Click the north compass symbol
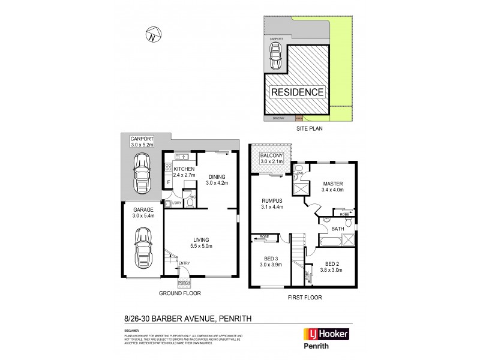(x=152, y=34)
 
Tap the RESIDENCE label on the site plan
(x=298, y=92)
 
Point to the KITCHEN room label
(x=185, y=170)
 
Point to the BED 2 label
(x=332, y=264)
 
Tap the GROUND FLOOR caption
(x=180, y=293)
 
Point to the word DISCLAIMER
(x=133, y=330)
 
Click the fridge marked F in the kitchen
(x=169, y=182)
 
